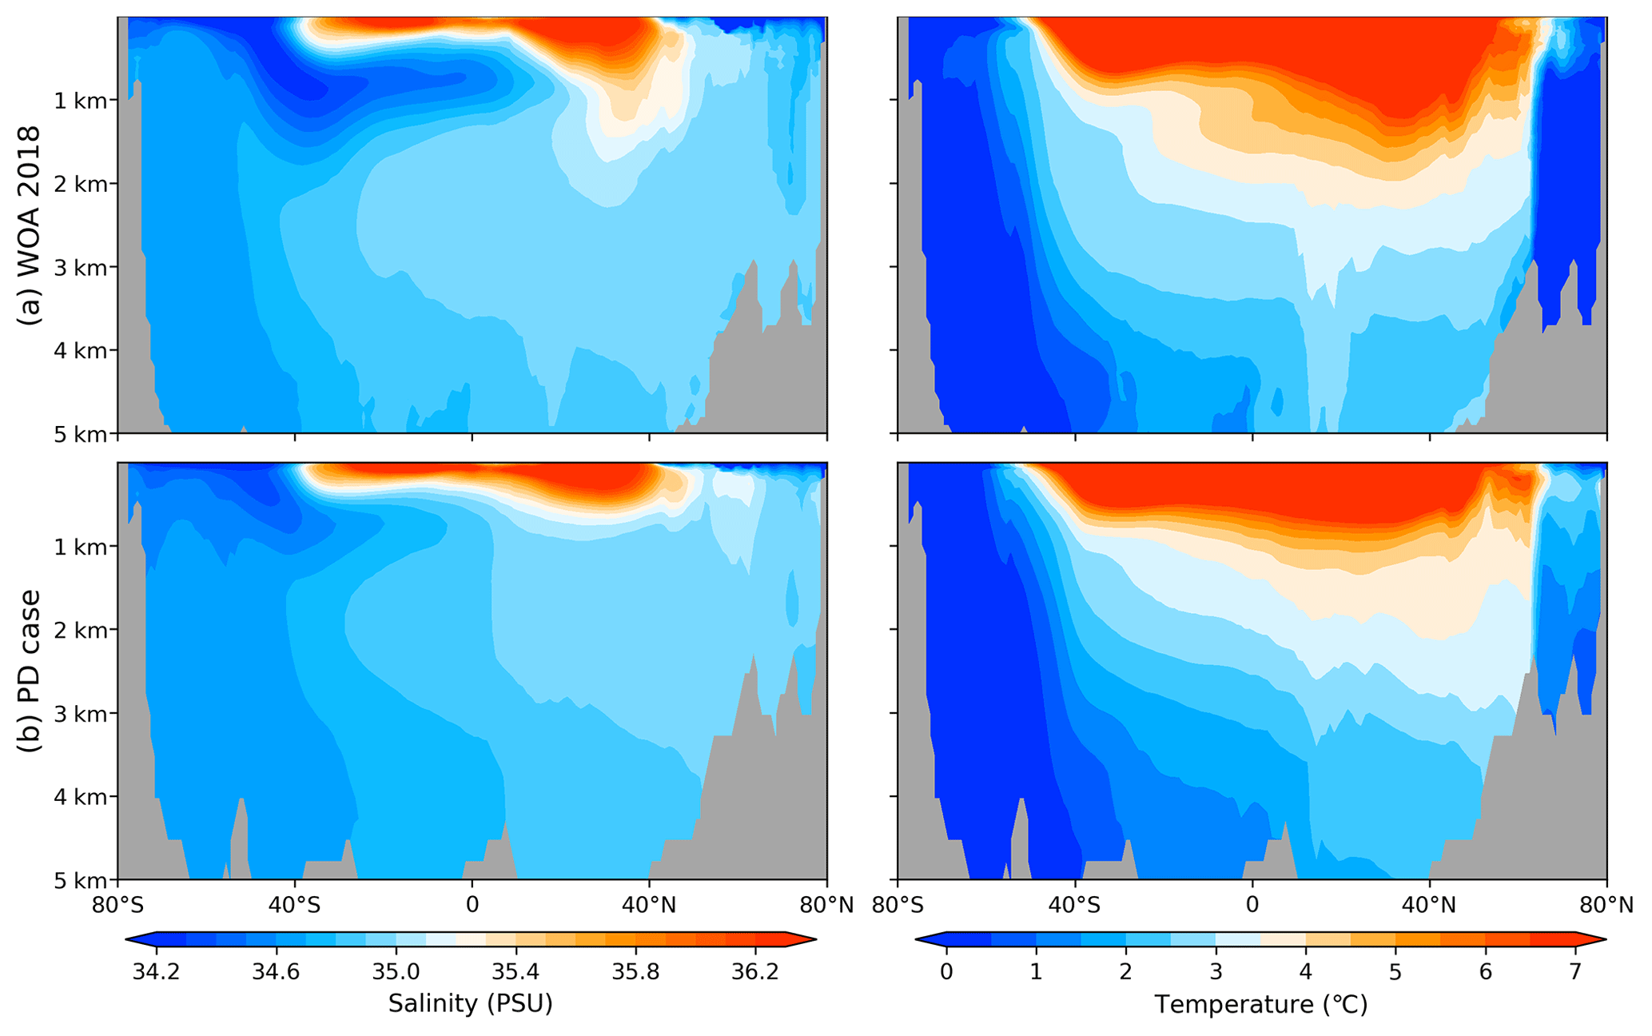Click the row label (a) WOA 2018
click(30, 225)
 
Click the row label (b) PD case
click(30, 671)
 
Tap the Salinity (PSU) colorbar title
click(471, 1003)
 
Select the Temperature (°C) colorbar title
click(1260, 1004)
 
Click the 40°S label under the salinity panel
click(295, 906)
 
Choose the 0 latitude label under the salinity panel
click(472, 906)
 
